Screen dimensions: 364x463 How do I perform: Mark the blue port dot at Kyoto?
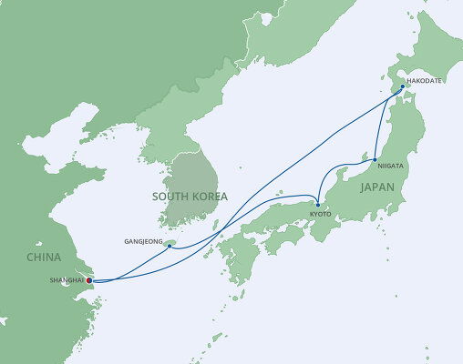point(317,205)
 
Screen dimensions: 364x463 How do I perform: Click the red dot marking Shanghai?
point(88,280)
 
